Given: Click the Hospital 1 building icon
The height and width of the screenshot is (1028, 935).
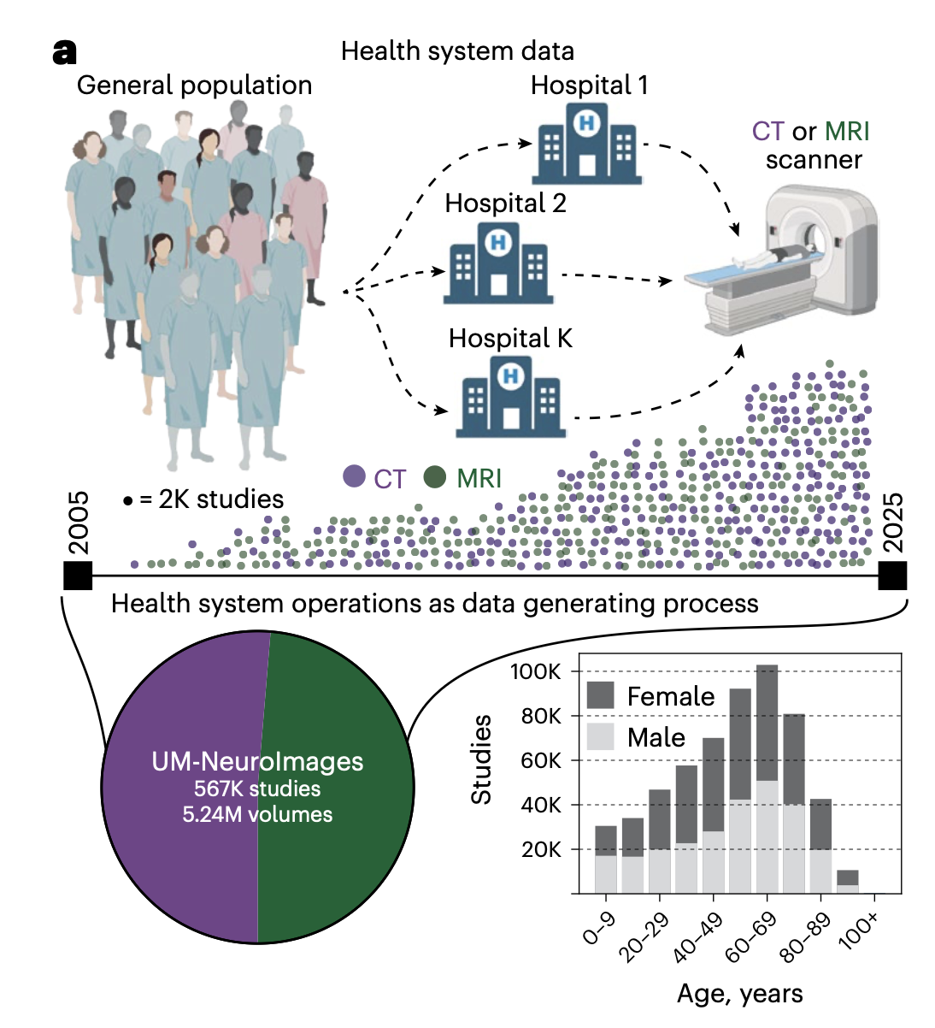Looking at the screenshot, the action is click(586, 144).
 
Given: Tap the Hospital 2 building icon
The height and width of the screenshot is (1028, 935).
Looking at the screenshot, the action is click(498, 263).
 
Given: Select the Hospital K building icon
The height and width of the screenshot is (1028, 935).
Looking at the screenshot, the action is click(511, 397).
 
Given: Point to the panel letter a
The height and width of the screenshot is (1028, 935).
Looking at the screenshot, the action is click(65, 52).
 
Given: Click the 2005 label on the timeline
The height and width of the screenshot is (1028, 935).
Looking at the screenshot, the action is click(79, 523).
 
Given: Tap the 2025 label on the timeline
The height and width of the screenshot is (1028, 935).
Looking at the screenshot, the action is click(893, 523).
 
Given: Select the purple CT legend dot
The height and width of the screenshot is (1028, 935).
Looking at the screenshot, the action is click(354, 476).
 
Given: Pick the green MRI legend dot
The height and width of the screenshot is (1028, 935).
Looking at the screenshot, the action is click(435, 476).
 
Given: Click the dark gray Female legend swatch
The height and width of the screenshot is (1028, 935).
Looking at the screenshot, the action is click(600, 695).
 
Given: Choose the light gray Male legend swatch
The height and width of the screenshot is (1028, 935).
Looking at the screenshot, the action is click(600, 737).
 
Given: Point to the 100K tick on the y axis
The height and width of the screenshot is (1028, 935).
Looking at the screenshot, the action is click(535, 671).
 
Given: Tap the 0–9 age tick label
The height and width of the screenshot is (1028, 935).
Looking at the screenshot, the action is click(599, 929).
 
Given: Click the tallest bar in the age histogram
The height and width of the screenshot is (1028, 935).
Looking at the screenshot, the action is click(767, 779).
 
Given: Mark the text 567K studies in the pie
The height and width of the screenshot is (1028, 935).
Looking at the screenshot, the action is click(257, 789).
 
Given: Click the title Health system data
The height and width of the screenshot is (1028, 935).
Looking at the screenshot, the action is click(457, 51).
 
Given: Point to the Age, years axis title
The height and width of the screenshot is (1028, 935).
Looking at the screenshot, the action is click(740, 994).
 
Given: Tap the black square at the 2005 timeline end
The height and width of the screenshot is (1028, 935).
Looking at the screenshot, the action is click(78, 576).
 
